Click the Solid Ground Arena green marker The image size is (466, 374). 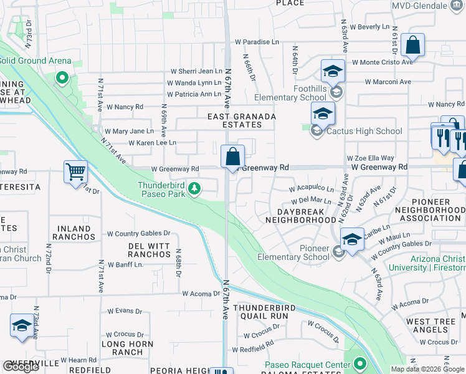pos(62,78)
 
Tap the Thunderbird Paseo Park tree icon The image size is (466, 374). pos(194,188)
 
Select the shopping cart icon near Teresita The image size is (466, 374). pos(75,171)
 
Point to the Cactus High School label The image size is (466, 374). pos(364,132)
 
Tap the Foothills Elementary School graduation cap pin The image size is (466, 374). pos(333,71)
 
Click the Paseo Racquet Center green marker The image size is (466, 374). pos(359,364)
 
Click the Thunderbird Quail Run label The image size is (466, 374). pos(261,312)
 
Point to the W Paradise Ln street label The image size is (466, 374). pos(257,42)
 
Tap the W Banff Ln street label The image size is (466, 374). pos(125,264)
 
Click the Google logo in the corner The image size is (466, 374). pos(21,367)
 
